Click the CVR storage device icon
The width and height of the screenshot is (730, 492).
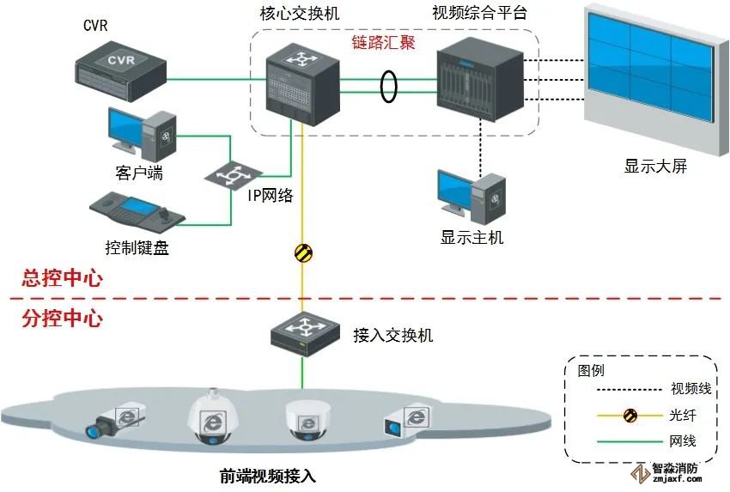118,69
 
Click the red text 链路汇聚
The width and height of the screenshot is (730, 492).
383,42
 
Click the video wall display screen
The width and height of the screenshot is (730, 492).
648,73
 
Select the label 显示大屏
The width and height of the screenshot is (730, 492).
655,167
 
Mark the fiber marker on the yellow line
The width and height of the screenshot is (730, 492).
302,252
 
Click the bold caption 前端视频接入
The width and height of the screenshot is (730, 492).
267,475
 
